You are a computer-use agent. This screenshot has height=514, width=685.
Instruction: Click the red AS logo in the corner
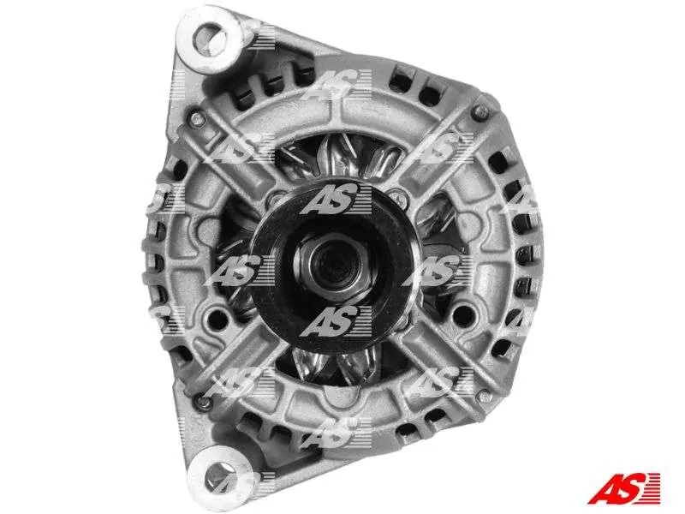click(x=623, y=487)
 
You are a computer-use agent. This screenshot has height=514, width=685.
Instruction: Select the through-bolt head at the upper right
click(x=479, y=113)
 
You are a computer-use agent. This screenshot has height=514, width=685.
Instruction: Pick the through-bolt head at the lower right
click(x=484, y=397)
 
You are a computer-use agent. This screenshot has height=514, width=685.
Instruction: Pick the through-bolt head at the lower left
click(x=202, y=403)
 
